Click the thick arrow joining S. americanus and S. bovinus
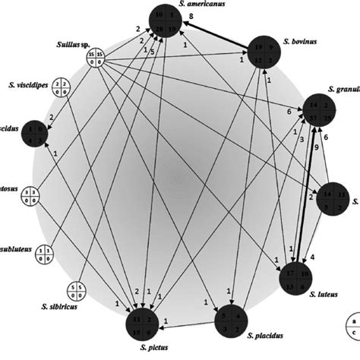[220, 35]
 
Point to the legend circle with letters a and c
[352, 329]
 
